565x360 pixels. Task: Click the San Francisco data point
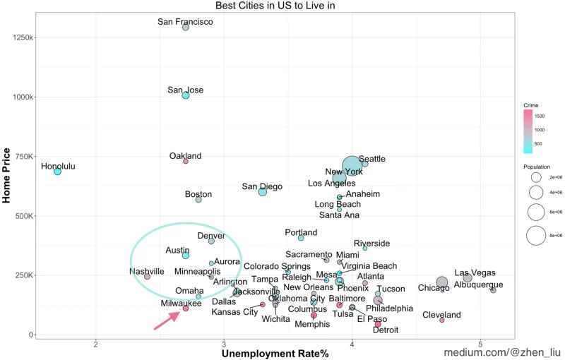pyautogui.click(x=186, y=27)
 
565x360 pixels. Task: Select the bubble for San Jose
pyautogui.click(x=186, y=95)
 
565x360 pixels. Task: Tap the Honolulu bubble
pyautogui.click(x=58, y=172)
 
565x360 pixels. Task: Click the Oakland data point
pyautogui.click(x=186, y=161)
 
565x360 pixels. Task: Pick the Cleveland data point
pyautogui.click(x=442, y=320)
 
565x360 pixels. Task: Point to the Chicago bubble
pyautogui.click(x=442, y=282)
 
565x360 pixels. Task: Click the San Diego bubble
pyautogui.click(x=263, y=191)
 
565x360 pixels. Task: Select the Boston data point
pyautogui.click(x=198, y=200)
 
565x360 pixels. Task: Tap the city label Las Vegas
pyautogui.click(x=475, y=272)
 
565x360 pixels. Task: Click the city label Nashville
pyautogui.click(x=147, y=271)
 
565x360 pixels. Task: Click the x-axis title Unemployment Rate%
pyautogui.click(x=275, y=353)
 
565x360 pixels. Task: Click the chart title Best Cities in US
pyautogui.click(x=275, y=6)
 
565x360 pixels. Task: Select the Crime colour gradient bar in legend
pyautogui.click(x=528, y=132)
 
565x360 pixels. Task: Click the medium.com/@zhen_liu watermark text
pyautogui.click(x=501, y=351)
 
